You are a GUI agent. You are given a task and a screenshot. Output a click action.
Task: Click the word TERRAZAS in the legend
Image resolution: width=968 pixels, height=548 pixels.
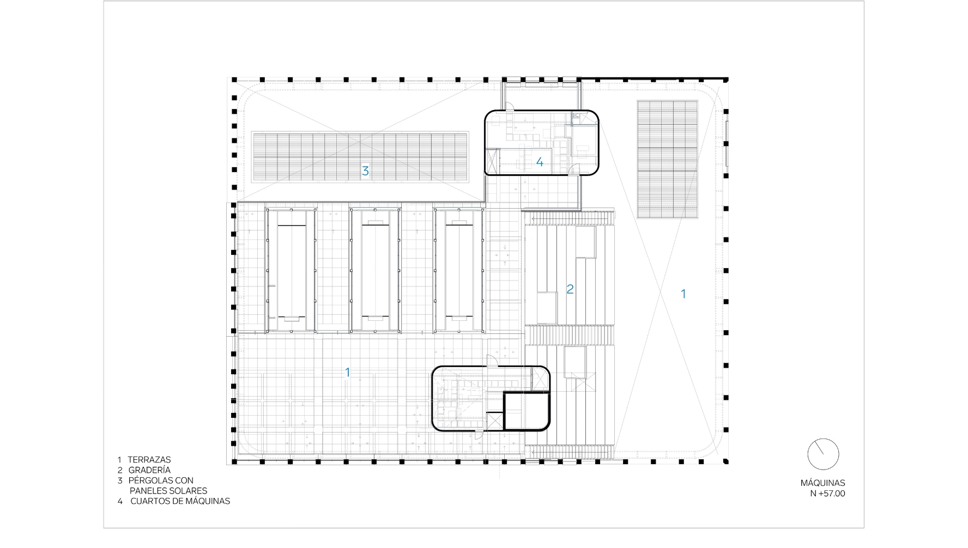pyautogui.click(x=149, y=460)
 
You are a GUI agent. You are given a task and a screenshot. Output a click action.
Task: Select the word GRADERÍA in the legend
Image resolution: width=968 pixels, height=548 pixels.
pyautogui.click(x=149, y=470)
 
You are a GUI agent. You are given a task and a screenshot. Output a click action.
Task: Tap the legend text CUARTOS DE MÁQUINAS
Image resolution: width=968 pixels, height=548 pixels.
pyautogui.click(x=180, y=501)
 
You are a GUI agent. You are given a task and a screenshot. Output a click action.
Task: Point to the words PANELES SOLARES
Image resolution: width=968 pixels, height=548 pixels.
pyautogui.click(x=168, y=491)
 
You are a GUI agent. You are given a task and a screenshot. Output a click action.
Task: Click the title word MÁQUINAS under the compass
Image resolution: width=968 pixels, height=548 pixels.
pyautogui.click(x=822, y=483)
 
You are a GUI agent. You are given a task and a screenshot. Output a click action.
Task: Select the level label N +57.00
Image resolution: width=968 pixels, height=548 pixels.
pyautogui.click(x=827, y=494)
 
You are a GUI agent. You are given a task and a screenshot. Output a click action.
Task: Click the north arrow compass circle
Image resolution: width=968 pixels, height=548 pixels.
pyautogui.click(x=823, y=454)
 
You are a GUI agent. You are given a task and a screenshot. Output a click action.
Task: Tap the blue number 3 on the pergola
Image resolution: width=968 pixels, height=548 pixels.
pyautogui.click(x=365, y=171)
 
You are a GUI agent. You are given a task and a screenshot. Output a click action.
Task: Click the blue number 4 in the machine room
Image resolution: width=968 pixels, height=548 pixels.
pyautogui.click(x=540, y=162)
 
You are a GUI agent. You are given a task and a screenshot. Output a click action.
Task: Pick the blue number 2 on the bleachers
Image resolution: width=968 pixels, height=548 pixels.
pyautogui.click(x=570, y=289)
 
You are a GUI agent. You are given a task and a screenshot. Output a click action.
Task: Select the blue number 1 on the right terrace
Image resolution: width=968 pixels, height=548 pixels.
pyautogui.click(x=683, y=294)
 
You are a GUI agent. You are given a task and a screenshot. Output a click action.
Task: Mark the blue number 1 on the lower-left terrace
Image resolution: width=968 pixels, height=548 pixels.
pyautogui.click(x=348, y=373)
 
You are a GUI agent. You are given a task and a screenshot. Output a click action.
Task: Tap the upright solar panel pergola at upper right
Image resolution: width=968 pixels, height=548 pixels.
pyautogui.click(x=667, y=160)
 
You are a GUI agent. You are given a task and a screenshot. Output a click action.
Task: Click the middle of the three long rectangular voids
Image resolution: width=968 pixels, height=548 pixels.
pyautogui.click(x=375, y=270)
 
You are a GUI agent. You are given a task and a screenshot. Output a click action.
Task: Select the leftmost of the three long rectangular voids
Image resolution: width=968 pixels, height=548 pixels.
pyautogui.click(x=291, y=270)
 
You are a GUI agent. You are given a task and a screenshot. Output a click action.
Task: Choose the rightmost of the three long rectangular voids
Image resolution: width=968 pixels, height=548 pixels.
pyautogui.click(x=459, y=270)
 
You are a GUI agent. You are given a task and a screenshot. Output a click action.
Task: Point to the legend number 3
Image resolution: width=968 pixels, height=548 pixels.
pyautogui.click(x=120, y=480)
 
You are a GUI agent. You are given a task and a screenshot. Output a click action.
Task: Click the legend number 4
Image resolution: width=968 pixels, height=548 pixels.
pyautogui.click(x=120, y=501)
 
